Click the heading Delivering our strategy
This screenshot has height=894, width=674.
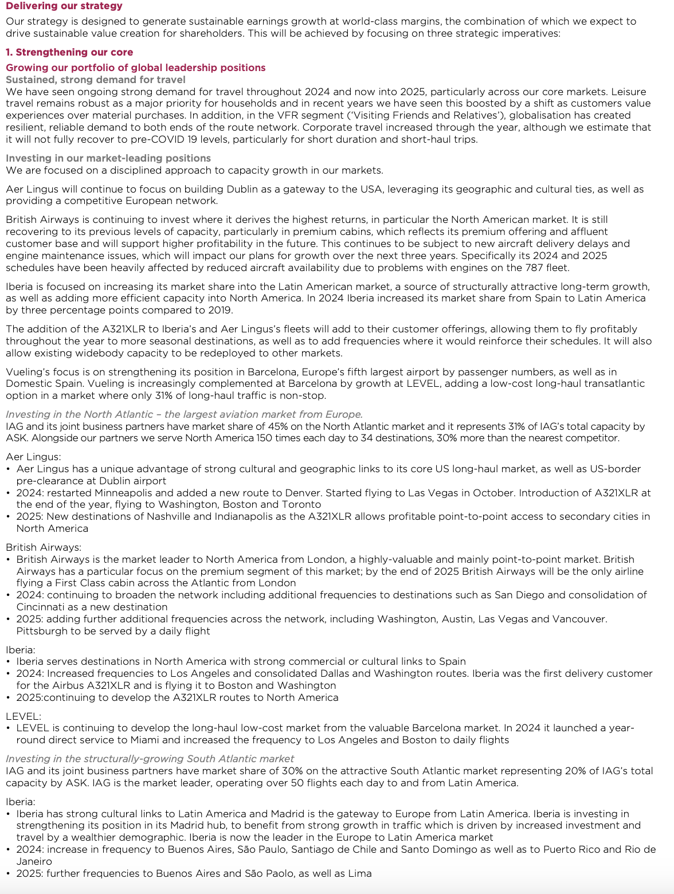point(64,6)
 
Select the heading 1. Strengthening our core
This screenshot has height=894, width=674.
point(69,52)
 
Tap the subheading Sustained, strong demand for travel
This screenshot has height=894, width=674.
point(96,80)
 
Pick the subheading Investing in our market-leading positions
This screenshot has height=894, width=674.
point(108,158)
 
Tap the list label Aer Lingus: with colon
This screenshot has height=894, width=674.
point(33,457)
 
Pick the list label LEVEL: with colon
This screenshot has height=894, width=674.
point(23,716)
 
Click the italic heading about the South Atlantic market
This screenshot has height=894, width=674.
point(150,759)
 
